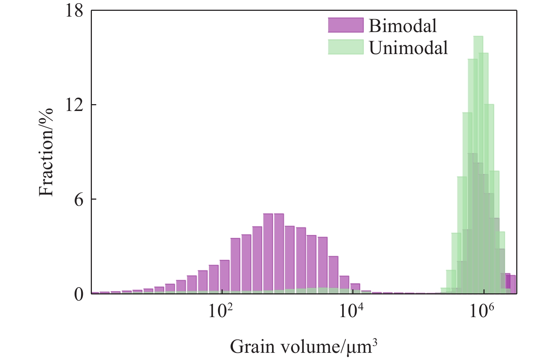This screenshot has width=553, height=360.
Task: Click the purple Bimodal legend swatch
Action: pos(345,25)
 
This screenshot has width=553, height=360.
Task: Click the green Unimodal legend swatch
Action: pos(345,47)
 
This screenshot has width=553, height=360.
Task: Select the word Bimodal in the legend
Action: pos(402,26)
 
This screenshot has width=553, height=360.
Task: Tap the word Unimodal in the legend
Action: pos(409,48)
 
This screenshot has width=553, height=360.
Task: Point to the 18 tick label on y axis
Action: pos(74,10)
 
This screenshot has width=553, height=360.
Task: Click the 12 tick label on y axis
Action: pos(74,105)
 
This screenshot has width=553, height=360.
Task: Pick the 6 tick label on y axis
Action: pos(79,199)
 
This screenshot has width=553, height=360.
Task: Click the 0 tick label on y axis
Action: pos(79,294)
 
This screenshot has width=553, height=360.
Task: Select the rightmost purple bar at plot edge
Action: pos(513,284)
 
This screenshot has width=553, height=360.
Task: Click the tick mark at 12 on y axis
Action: pos(93,105)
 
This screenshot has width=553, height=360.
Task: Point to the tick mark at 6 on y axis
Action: pos(93,199)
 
